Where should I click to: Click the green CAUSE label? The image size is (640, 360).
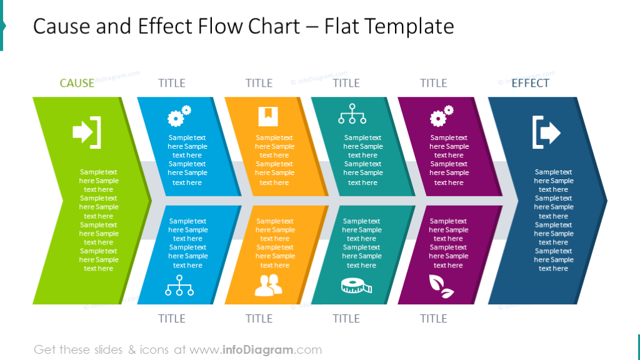(77, 83)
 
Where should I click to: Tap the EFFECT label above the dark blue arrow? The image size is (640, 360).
(530, 83)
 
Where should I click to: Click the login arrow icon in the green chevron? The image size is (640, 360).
(87, 132)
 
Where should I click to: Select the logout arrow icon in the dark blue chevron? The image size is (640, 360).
(546, 132)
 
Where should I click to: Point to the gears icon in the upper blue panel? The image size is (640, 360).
(179, 116)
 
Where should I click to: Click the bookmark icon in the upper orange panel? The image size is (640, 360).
(268, 116)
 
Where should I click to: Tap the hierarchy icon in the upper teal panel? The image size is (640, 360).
(352, 114)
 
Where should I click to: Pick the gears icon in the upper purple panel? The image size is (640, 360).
(442, 116)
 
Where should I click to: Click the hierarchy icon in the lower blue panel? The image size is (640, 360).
(179, 285)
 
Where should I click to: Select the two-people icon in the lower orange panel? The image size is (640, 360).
(268, 285)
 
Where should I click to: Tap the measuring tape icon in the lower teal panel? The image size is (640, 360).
(356, 286)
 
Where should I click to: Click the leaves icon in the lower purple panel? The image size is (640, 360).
(441, 286)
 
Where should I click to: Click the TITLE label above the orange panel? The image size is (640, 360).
(259, 83)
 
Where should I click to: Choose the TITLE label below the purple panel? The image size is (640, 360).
(434, 318)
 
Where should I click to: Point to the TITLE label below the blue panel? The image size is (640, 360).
(172, 318)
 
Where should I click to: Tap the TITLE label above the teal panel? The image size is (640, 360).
(346, 83)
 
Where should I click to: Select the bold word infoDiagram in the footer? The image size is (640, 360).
(257, 350)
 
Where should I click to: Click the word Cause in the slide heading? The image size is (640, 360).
(62, 26)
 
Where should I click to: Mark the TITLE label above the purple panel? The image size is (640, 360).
(434, 83)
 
